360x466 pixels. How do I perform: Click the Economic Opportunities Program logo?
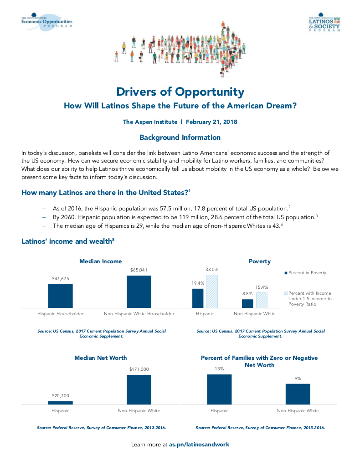tap(46, 22)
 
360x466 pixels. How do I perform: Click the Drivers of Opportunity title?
tap(180, 92)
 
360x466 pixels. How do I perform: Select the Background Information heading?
tap(180, 137)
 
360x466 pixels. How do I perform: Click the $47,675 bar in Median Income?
tap(61, 297)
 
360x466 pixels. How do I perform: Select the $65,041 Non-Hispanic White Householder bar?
tap(139, 292)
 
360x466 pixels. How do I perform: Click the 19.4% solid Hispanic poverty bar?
tap(198, 298)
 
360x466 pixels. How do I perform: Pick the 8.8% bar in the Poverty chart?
tap(247, 303)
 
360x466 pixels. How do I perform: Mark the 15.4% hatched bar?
tap(262, 300)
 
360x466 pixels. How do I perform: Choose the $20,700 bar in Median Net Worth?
tap(61, 402)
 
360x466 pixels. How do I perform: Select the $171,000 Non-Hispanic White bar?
tap(139, 389)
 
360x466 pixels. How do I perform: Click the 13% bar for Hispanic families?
tap(219, 389)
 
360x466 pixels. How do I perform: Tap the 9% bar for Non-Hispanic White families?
tap(298, 394)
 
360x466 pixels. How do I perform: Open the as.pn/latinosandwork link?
tap(199, 444)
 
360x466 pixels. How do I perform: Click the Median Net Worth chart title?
tap(100, 358)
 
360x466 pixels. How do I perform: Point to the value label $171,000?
tap(139, 369)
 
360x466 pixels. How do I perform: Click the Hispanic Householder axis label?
tap(61, 313)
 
